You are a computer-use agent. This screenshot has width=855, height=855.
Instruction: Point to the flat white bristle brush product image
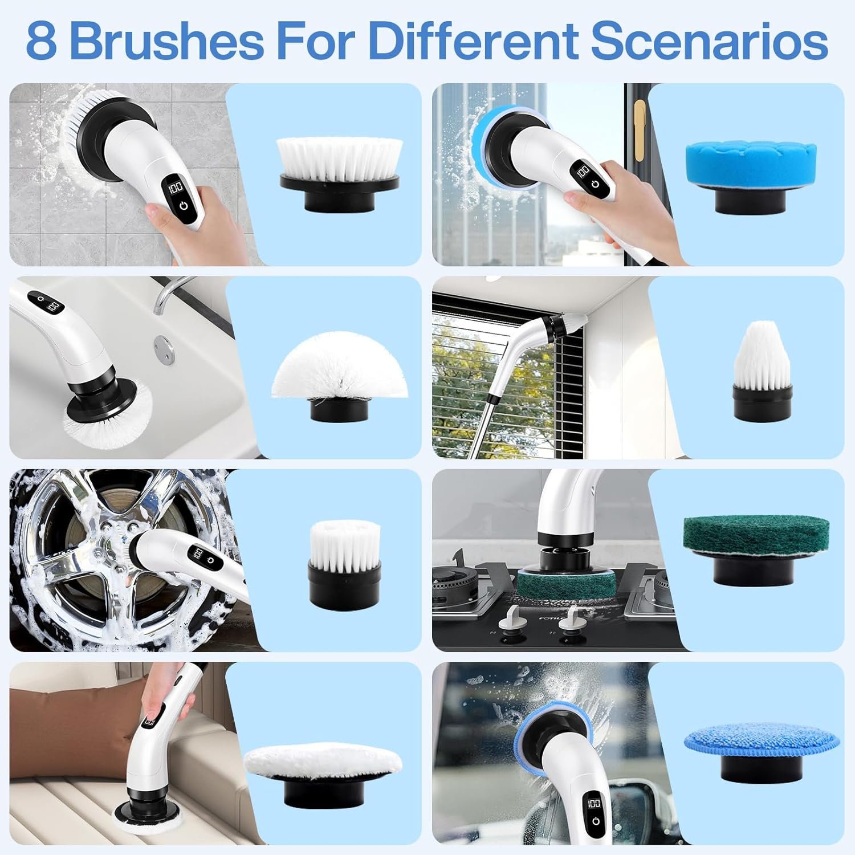(x=340, y=171)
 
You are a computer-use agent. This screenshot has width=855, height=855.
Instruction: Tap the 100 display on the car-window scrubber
(x=593, y=804)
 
